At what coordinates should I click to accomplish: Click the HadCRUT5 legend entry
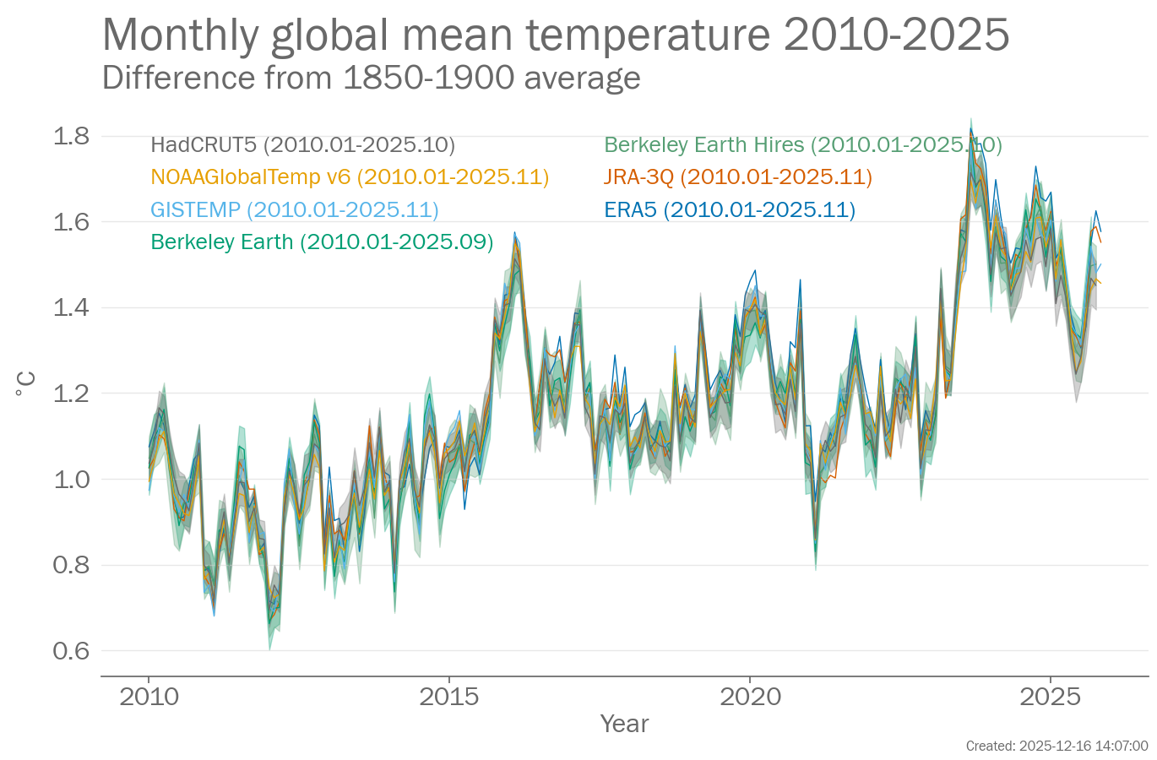pyautogui.click(x=302, y=145)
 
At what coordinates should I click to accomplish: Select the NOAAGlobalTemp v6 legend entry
pyautogui.click(x=350, y=177)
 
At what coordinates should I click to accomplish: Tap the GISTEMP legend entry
pyautogui.click(x=294, y=209)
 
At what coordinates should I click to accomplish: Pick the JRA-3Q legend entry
pyautogui.click(x=737, y=177)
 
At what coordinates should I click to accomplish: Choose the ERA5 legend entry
pyautogui.click(x=729, y=209)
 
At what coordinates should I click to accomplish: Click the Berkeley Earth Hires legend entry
pyautogui.click(x=802, y=145)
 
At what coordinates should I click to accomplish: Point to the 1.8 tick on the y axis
pyautogui.click(x=71, y=136)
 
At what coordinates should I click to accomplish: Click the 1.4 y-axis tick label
pyautogui.click(x=71, y=307)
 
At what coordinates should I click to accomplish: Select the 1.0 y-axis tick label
pyautogui.click(x=71, y=479)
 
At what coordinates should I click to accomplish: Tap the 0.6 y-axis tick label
pyautogui.click(x=71, y=650)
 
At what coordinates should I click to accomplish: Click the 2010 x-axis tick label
pyautogui.click(x=149, y=697)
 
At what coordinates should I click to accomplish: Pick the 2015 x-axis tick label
pyautogui.click(x=449, y=697)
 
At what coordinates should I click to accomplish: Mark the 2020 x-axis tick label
pyautogui.click(x=750, y=697)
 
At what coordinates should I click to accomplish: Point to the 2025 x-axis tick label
pyautogui.click(x=1050, y=697)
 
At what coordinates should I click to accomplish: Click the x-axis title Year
pyautogui.click(x=624, y=724)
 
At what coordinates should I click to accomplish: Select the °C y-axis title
pyautogui.click(x=26, y=384)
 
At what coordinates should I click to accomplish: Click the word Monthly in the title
pyautogui.click(x=180, y=35)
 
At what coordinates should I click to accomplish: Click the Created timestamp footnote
pyautogui.click(x=1057, y=746)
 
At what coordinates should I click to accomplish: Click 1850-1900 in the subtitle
pyautogui.click(x=428, y=78)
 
